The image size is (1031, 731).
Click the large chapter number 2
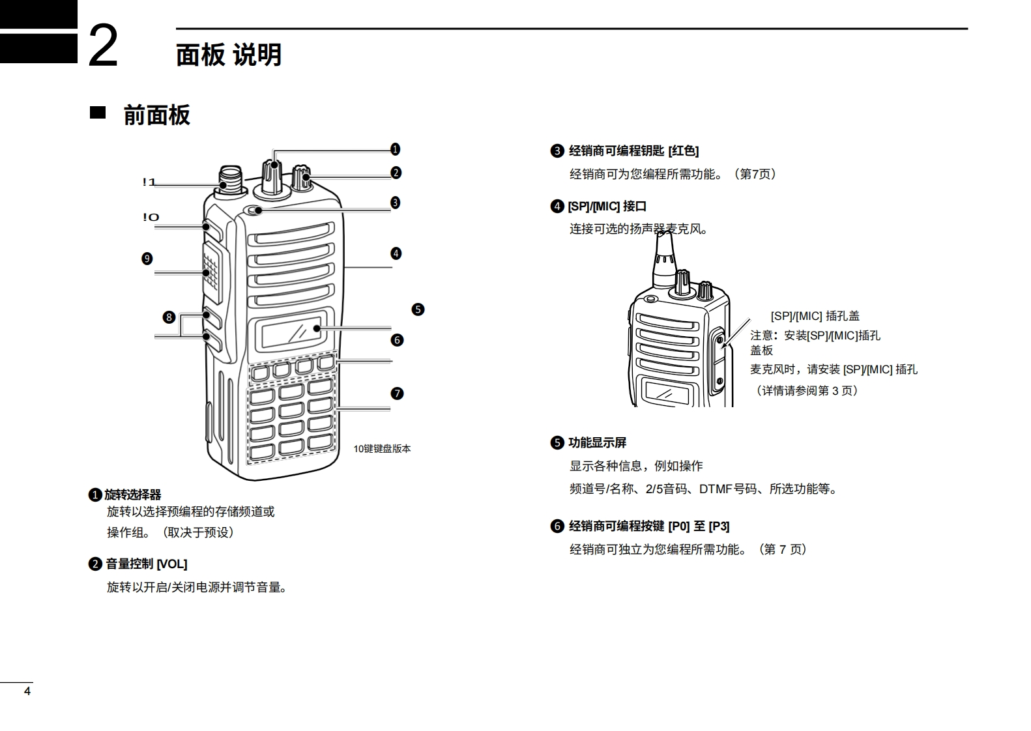click(103, 46)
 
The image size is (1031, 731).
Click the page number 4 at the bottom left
click(27, 691)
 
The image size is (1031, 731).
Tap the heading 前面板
click(156, 115)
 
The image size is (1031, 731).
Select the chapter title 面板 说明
click(228, 55)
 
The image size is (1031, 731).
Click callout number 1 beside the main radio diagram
click(395, 149)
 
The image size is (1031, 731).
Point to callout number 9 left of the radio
click(147, 259)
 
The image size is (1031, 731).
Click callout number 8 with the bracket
click(169, 317)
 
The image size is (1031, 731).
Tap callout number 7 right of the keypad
click(397, 394)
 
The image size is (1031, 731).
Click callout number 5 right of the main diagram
click(418, 309)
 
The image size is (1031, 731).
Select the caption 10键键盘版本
click(382, 449)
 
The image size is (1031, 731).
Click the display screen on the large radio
click(291, 331)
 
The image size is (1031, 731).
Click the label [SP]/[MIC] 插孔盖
click(815, 316)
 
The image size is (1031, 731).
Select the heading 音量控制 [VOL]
click(146, 564)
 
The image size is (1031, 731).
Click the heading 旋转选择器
click(132, 495)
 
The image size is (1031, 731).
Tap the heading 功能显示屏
click(597, 443)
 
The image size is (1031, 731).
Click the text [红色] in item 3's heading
click(683, 151)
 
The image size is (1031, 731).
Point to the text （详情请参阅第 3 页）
click(807, 391)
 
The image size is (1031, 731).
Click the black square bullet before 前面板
click(98, 113)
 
